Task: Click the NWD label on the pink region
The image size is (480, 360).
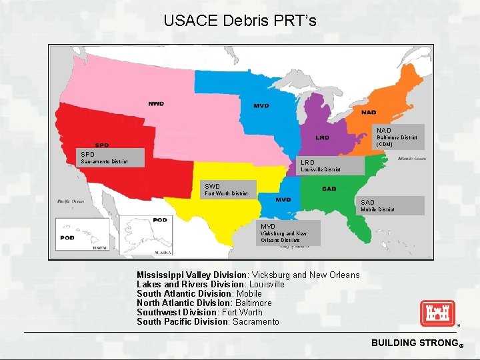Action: (x=156, y=104)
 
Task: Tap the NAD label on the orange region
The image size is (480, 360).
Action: (x=369, y=112)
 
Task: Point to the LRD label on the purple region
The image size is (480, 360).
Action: (x=322, y=138)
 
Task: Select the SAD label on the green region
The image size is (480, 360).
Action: (x=329, y=189)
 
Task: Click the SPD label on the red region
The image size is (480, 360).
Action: (x=102, y=145)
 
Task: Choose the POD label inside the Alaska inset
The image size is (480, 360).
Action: (x=160, y=219)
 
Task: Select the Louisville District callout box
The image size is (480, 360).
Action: (x=330, y=165)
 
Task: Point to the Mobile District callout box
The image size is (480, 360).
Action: (x=391, y=205)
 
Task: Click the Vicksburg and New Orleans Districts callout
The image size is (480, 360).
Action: (x=289, y=233)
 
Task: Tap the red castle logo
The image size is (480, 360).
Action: (x=437, y=313)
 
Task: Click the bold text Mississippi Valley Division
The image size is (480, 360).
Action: (x=191, y=275)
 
